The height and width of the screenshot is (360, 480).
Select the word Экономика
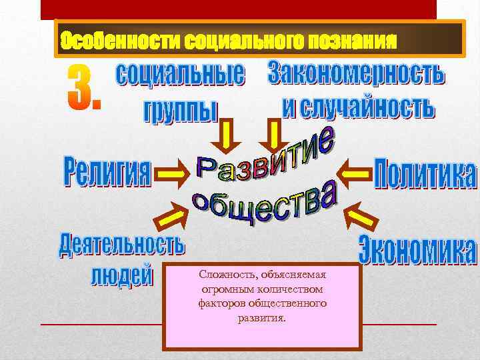[x=417, y=251]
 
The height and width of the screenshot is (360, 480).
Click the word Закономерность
[x=355, y=73]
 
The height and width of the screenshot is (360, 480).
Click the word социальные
[x=181, y=75]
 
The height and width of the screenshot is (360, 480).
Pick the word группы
[x=180, y=111]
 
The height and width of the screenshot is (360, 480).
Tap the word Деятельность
[x=121, y=245]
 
